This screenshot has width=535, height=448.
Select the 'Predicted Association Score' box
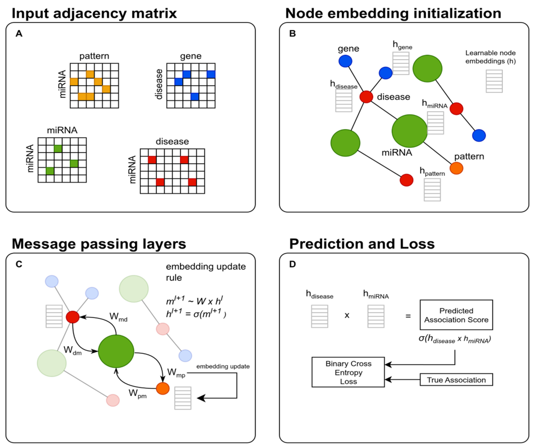coord(456,315)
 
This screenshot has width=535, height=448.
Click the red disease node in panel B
coord(366,97)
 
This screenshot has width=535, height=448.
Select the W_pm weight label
coord(138,393)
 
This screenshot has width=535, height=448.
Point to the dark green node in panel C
coord(116,351)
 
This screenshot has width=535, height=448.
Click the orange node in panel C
coord(163,388)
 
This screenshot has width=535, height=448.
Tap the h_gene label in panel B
coord(402,45)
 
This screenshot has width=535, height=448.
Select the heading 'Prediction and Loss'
coord(362,244)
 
